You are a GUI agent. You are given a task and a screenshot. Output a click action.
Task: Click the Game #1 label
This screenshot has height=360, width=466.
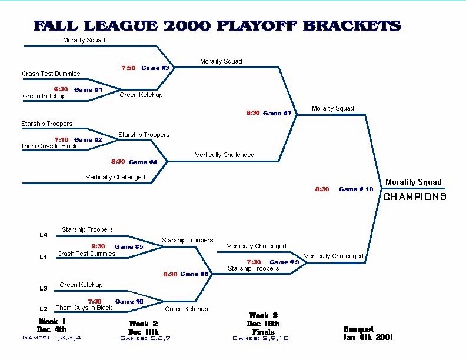pyautogui.click(x=88, y=89)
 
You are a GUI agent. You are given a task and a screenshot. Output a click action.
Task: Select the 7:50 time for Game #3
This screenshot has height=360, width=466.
pyautogui.click(x=128, y=68)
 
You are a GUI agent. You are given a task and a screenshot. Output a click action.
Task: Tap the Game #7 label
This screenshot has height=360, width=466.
pyautogui.click(x=277, y=113)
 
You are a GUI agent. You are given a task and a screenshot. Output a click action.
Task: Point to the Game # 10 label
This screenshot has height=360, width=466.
pyautogui.click(x=356, y=189)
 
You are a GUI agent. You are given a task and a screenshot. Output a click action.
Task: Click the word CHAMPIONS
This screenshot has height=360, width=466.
pyautogui.click(x=415, y=196)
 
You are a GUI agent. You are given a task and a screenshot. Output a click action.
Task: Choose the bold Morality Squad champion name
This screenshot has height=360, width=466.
pyautogui.click(x=414, y=182)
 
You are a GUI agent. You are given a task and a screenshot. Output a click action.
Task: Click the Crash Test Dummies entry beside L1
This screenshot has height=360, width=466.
pyautogui.click(x=86, y=254)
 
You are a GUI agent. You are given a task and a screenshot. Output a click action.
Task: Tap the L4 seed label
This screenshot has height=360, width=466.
pyautogui.click(x=44, y=235)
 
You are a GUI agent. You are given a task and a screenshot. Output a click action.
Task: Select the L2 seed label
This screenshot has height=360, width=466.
pyautogui.click(x=44, y=309)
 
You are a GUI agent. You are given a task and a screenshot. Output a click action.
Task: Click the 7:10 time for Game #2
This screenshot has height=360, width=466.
pyautogui.click(x=61, y=139)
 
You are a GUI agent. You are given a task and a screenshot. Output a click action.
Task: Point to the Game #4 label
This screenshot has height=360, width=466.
pyautogui.click(x=142, y=162)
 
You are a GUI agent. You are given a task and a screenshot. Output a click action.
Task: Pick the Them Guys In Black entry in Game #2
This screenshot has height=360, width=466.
pyautogui.click(x=49, y=146)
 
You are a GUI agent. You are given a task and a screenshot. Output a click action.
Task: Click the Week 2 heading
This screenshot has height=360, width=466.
pyautogui.click(x=144, y=324)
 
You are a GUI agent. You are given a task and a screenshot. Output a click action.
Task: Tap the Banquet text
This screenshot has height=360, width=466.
pyautogui.click(x=358, y=329)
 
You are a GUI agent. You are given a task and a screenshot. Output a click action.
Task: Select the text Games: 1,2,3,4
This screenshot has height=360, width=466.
pyautogui.click(x=52, y=338)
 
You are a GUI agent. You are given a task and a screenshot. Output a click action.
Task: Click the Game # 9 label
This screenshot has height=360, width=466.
pyautogui.click(x=284, y=262)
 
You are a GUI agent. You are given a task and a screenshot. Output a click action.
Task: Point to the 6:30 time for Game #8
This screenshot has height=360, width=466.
pyautogui.click(x=170, y=275)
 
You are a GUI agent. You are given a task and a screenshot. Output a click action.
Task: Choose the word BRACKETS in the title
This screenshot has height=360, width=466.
pyautogui.click(x=352, y=26)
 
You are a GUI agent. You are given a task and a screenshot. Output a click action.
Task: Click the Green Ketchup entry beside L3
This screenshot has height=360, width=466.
pyautogui.click(x=81, y=285)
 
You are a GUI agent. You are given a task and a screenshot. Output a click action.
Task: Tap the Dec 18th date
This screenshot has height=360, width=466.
pyautogui.click(x=263, y=324)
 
